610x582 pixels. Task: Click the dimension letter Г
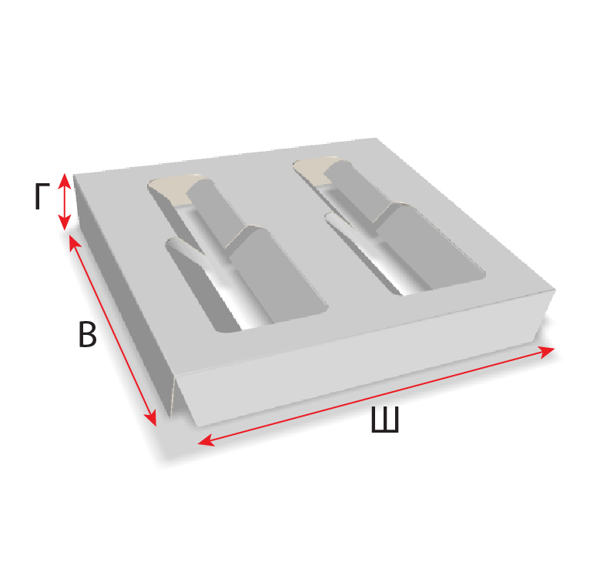(42, 196)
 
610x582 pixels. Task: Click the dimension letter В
(88, 334)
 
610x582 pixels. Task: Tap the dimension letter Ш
(385, 420)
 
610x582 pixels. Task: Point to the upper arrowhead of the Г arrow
(65, 181)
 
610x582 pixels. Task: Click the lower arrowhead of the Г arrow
(65, 222)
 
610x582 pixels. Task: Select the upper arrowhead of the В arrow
(74, 242)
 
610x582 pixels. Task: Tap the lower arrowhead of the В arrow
(151, 419)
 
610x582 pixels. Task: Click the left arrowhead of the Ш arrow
(206, 440)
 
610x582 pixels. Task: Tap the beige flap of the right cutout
(315, 170)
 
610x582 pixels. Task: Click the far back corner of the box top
(376, 138)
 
